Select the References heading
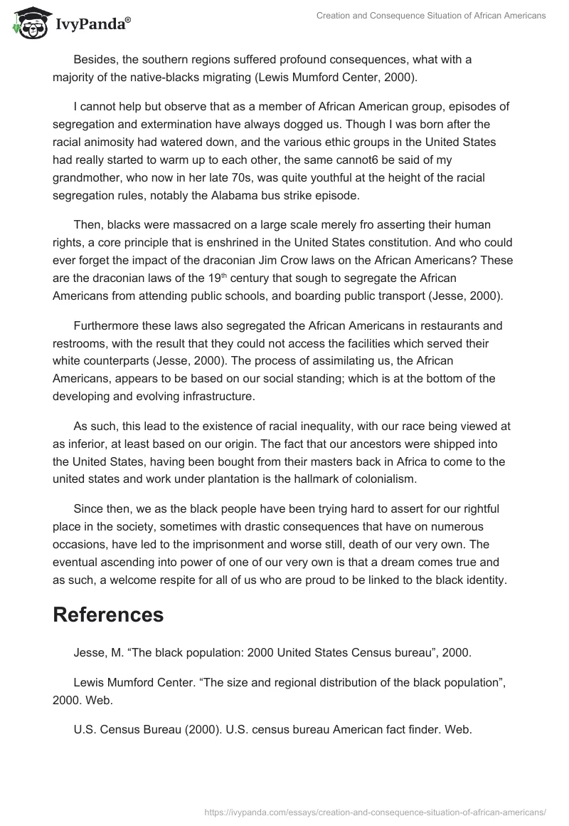click(108, 615)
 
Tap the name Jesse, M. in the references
click(96, 652)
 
